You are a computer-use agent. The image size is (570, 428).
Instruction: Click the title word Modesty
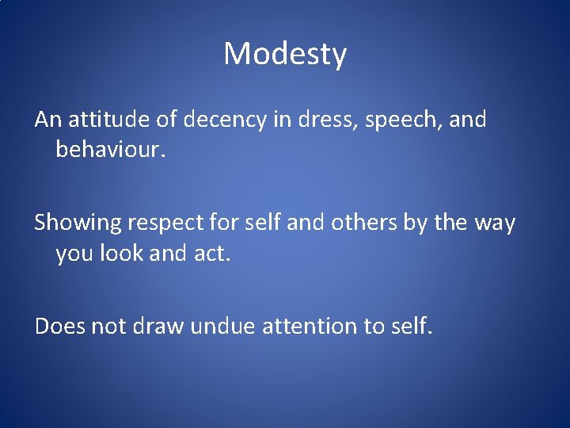(285, 55)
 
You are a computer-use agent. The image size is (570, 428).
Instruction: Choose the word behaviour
(111, 149)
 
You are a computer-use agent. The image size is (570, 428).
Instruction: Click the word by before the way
(416, 224)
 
